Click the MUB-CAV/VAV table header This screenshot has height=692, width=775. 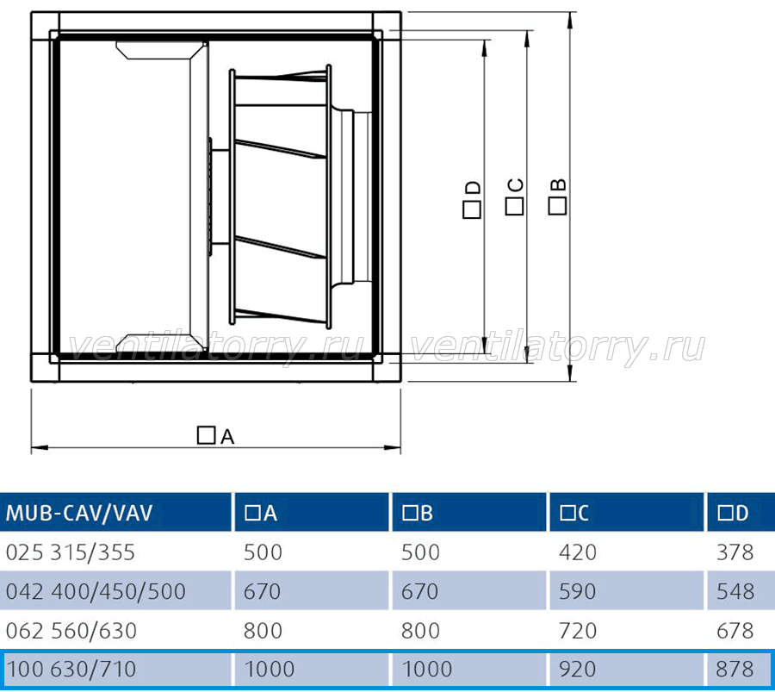pos(79,513)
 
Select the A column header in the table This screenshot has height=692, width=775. pos(261,514)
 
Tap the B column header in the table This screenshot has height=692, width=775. pos(418,514)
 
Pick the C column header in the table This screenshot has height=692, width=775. pos(574,514)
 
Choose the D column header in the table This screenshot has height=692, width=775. pos(734,514)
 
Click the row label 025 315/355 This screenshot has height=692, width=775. pos(71,552)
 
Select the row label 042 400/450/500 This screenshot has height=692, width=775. pos(96,591)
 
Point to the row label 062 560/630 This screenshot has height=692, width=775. pos(71,631)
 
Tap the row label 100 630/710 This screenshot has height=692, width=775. pos(71,670)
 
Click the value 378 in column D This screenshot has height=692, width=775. pos(735,552)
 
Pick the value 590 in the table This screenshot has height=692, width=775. pos(578,591)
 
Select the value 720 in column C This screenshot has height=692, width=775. pos(578,631)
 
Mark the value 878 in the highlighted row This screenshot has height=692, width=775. pos(735,670)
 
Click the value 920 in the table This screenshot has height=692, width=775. pos(578,670)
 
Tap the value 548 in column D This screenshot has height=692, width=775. pos(735,591)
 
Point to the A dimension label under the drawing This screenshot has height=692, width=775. pos(215,436)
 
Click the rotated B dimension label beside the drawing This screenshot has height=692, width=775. pos(557,196)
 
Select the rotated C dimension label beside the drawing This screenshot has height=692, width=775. pos(514,196)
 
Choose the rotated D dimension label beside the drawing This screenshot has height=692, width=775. pos(472,199)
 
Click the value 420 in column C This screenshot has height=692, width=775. pos(578,552)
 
